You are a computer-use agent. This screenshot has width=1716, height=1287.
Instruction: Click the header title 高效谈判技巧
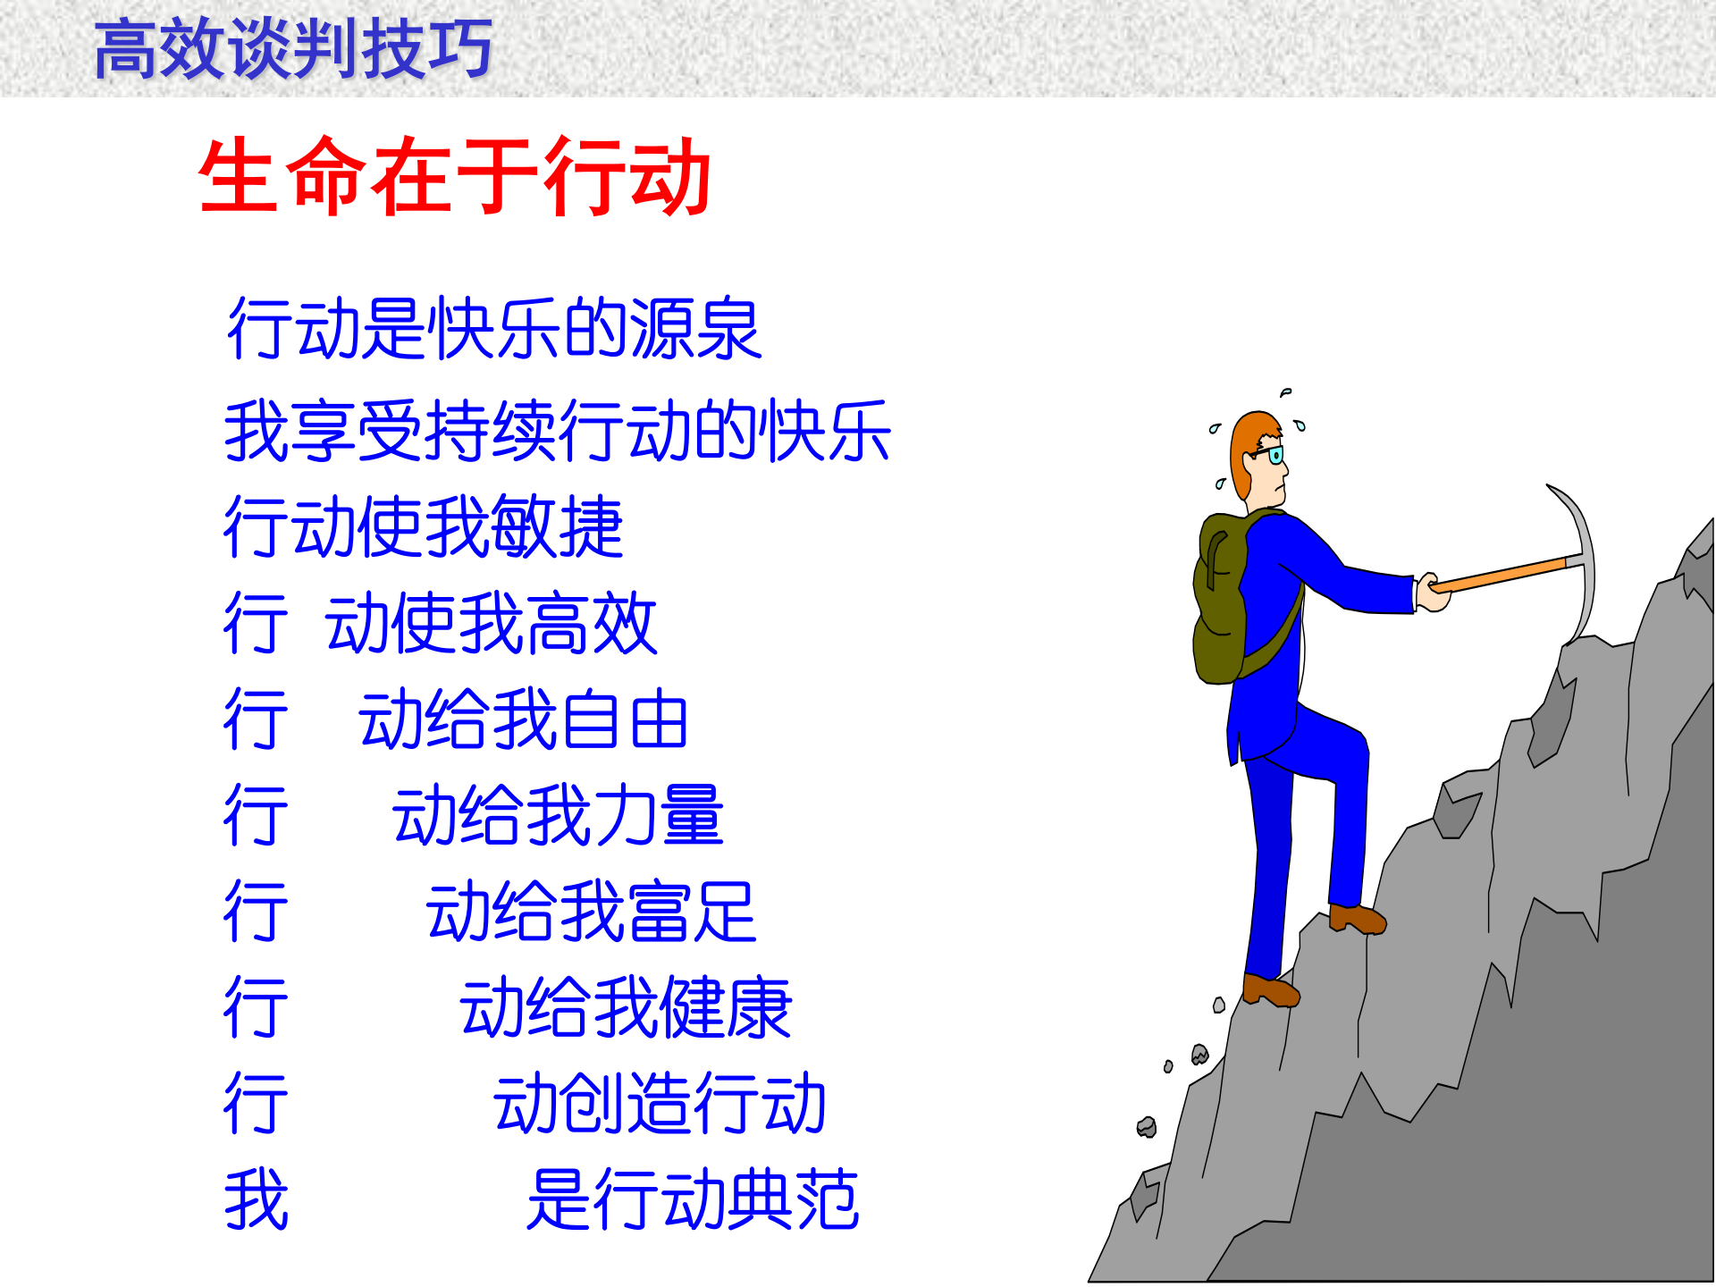pyautogui.click(x=293, y=49)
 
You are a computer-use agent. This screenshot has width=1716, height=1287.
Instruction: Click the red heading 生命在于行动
pyautogui.click(x=454, y=176)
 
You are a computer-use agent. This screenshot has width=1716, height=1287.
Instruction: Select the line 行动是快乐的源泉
pyautogui.click(x=493, y=330)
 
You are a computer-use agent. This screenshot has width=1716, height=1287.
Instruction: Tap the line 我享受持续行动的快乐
pyautogui.click(x=557, y=432)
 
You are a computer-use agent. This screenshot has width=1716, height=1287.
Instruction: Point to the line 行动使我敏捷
pyautogui.click(x=423, y=527)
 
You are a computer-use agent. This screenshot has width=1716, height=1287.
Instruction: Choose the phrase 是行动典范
pyautogui.click(x=693, y=1199)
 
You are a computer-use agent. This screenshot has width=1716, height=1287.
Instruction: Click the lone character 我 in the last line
pyautogui.click(x=256, y=1199)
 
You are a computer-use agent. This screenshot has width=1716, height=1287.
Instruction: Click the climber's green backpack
pyautogui.click(x=1221, y=599)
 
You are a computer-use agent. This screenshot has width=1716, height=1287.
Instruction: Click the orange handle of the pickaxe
pyautogui.click(x=1501, y=573)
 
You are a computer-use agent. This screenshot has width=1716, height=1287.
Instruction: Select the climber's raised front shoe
pyautogui.click(x=1357, y=919)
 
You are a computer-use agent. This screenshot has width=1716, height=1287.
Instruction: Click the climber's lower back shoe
pyautogui.click(x=1270, y=989)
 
